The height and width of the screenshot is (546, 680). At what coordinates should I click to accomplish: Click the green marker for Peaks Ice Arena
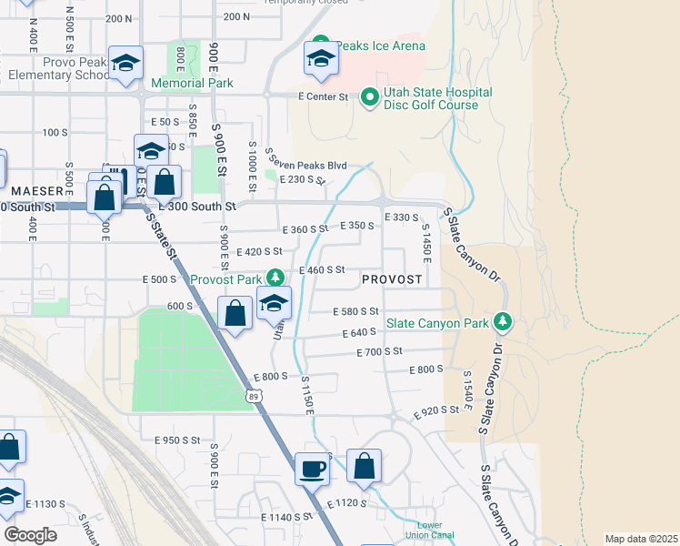[x=319, y=45]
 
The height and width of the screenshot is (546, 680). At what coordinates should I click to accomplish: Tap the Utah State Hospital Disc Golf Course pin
[x=370, y=96]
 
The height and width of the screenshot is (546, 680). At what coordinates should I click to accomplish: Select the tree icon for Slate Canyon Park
[x=501, y=322]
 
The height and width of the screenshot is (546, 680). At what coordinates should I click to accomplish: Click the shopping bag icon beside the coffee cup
[x=364, y=466]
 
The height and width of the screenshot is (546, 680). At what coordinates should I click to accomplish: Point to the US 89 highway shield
[x=255, y=395]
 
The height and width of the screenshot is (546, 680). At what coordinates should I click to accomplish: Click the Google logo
[x=31, y=535]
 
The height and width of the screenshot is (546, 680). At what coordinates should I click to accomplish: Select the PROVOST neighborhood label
[x=392, y=279]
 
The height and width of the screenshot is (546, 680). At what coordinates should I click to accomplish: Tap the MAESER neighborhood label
[x=37, y=191]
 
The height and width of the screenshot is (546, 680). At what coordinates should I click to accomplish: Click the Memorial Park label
[x=192, y=83]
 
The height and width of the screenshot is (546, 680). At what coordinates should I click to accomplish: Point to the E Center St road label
[x=323, y=96]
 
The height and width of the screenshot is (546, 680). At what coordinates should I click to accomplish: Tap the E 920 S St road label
[x=437, y=411]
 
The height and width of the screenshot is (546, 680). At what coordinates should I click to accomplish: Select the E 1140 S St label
[x=287, y=516]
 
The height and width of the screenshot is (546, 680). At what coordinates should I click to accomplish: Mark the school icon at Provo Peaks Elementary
[x=125, y=63]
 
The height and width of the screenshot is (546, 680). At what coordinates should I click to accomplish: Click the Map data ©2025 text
[x=641, y=539]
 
